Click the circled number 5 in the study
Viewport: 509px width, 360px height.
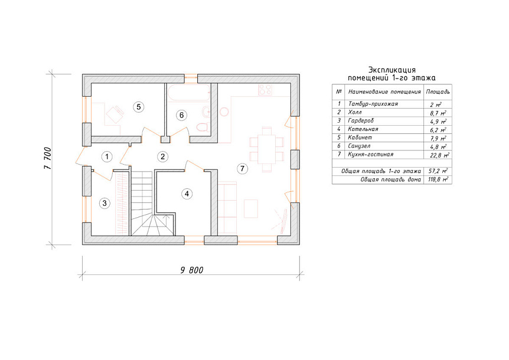(139, 107)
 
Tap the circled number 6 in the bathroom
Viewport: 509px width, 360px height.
(181, 115)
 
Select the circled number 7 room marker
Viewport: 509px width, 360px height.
(242, 168)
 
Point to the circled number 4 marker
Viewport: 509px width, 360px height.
(187, 194)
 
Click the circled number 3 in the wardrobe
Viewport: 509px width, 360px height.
(105, 204)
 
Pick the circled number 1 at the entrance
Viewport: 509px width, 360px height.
(107, 157)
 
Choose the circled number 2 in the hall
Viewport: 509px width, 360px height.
(162, 157)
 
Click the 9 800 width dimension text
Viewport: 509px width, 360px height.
(192, 270)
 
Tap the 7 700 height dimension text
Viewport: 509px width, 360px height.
(48, 158)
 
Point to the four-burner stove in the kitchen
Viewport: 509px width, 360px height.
(265, 90)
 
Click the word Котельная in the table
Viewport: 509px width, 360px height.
(363, 129)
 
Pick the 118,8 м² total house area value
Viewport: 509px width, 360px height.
(438, 179)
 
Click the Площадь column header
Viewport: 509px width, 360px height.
(438, 92)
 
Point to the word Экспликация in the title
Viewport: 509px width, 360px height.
(392, 70)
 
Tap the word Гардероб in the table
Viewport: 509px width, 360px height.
(361, 120)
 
